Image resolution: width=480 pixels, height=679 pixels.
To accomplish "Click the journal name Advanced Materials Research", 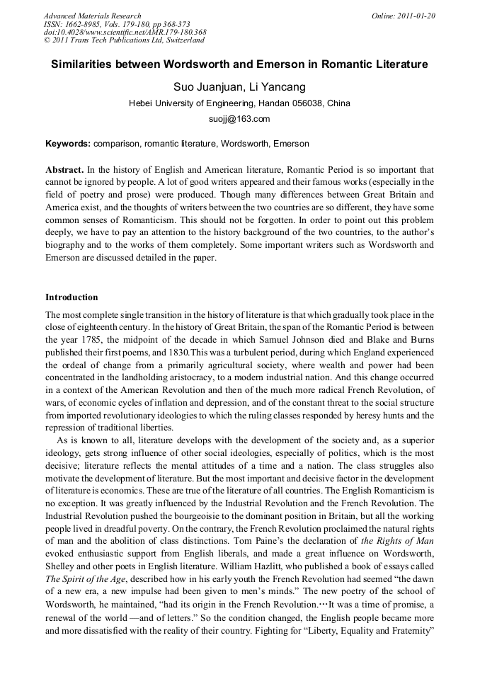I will pyautogui.click(x=92, y=16).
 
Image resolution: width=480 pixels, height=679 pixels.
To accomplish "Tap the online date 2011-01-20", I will pyautogui.click(x=416, y=16).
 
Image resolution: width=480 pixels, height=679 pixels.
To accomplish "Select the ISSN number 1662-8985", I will pyautogui.click(x=86, y=24).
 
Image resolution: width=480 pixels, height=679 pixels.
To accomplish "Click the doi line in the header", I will pyautogui.click(x=125, y=33).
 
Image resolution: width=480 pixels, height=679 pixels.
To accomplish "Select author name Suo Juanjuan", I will pyautogui.click(x=205, y=87).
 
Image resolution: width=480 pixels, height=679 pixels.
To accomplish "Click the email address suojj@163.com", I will pyautogui.click(x=239, y=119).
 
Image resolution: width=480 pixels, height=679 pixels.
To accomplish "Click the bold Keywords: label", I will pyautogui.click(x=68, y=144).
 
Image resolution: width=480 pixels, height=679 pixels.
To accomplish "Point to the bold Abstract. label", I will pyautogui.click(x=65, y=171).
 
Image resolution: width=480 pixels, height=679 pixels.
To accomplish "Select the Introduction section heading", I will pyautogui.click(x=72, y=297).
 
